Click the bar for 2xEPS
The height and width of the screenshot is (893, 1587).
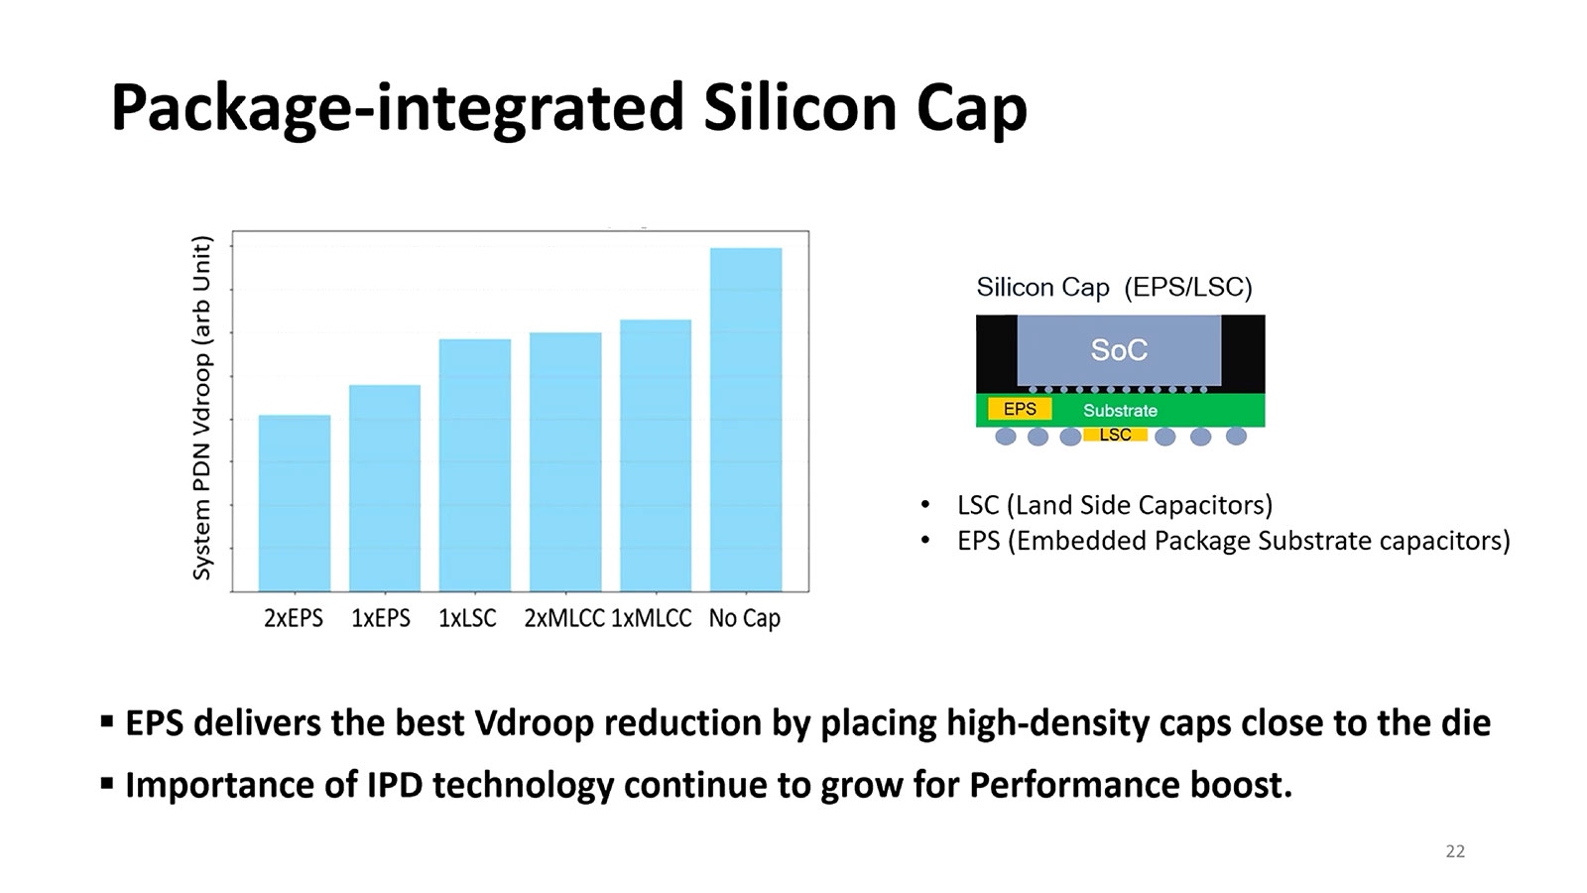(295, 503)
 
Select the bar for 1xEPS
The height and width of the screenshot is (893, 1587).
(385, 488)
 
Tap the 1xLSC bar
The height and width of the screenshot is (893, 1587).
(475, 465)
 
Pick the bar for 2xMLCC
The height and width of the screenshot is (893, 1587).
(565, 462)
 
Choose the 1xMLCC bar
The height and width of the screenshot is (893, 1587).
(656, 455)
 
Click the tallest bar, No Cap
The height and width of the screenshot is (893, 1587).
(746, 420)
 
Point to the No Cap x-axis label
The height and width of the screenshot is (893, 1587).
(744, 618)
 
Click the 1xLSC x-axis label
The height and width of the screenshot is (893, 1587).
(467, 618)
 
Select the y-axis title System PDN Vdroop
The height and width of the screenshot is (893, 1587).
(202, 408)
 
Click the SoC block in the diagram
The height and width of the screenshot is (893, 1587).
(1119, 350)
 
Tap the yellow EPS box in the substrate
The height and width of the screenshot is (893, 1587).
(1020, 409)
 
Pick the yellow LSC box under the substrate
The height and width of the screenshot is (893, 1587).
(1115, 435)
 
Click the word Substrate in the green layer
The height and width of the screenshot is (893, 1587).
(1120, 410)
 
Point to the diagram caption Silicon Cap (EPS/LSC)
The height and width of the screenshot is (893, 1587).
(1114, 288)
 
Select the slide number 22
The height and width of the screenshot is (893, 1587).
(1455, 851)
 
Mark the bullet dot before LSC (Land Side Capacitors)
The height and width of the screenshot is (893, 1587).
(925, 505)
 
